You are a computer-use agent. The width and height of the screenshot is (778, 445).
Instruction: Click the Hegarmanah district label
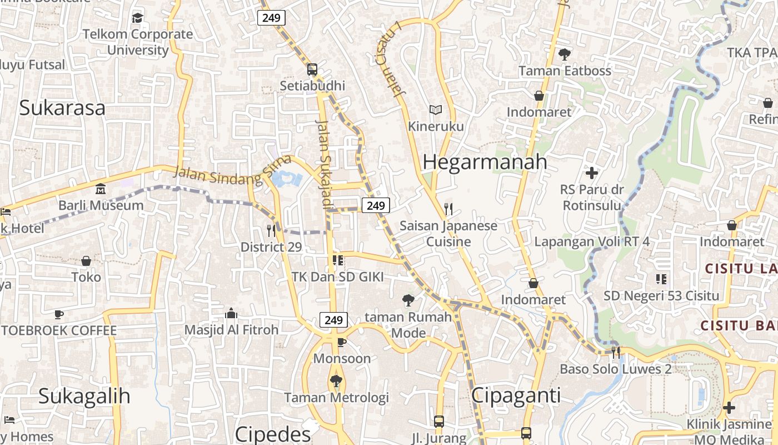(x=485, y=162)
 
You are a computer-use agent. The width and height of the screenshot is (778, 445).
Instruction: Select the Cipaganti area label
(x=516, y=395)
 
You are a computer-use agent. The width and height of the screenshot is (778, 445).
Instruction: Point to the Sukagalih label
(x=84, y=396)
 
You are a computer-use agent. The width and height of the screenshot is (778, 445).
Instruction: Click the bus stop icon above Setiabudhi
(x=312, y=70)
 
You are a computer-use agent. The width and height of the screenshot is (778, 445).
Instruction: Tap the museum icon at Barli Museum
(x=101, y=189)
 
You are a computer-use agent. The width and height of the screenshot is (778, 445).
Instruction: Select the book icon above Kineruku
(x=436, y=110)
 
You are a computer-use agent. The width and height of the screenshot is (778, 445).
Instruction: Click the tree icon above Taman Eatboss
(x=565, y=55)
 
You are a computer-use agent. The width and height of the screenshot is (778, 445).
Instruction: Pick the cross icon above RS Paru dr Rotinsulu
(x=592, y=173)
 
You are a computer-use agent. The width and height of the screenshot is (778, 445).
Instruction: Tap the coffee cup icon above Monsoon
(x=341, y=342)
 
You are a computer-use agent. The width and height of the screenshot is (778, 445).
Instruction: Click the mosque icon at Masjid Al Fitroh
(x=231, y=314)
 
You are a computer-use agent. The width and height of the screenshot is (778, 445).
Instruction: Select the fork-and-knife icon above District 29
(x=271, y=230)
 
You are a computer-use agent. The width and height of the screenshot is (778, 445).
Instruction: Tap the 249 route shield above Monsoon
(x=333, y=320)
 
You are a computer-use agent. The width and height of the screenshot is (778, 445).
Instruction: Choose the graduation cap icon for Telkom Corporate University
(x=138, y=18)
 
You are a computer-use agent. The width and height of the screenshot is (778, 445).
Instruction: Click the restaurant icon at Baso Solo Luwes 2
(x=616, y=352)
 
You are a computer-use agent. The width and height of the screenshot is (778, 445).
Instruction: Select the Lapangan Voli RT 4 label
(x=592, y=241)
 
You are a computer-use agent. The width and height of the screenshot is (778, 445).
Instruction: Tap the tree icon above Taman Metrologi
(x=336, y=381)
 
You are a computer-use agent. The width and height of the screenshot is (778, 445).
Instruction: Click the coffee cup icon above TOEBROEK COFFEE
(x=59, y=314)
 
